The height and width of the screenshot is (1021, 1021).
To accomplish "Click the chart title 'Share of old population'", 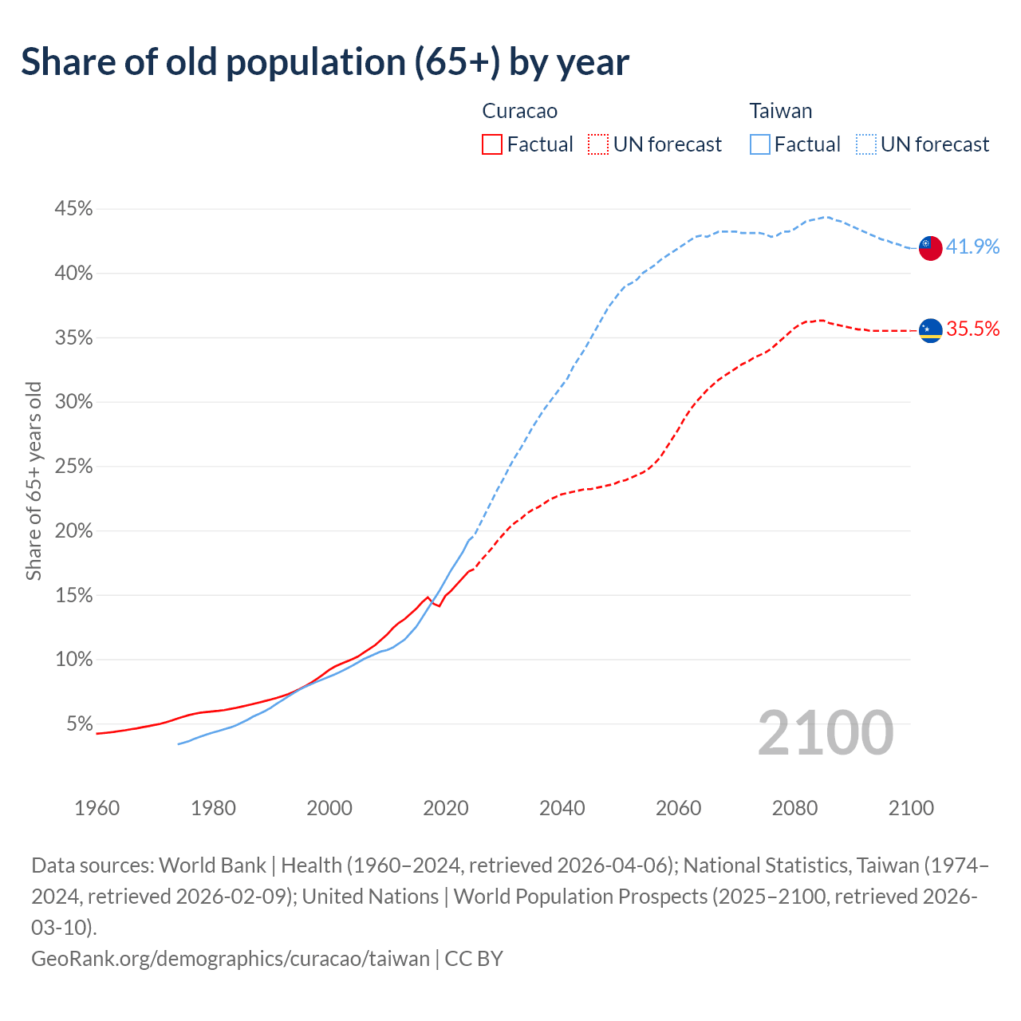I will (325, 62).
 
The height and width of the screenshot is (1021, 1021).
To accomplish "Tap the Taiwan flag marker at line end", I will (930, 248).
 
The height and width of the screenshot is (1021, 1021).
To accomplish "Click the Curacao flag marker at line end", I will (930, 330).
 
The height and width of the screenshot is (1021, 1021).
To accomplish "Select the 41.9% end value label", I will (972, 246).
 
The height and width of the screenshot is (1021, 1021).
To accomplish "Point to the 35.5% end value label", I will (972, 329).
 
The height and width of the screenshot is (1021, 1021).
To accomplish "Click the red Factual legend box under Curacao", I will (492, 144).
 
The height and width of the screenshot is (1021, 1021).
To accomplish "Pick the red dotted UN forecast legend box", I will (598, 144).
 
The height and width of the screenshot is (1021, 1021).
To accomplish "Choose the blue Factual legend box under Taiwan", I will (760, 144).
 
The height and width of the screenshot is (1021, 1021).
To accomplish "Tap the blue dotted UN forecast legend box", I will (866, 144).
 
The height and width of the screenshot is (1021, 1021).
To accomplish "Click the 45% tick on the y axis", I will (73, 209).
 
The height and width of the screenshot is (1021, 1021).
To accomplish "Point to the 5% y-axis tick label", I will (79, 724).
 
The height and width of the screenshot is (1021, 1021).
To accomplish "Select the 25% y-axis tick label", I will (73, 467).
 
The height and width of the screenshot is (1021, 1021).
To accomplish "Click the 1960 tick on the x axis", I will (97, 808).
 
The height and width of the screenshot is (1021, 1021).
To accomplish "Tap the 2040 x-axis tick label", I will (562, 808).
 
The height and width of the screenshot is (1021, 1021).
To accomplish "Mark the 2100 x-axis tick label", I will (911, 808).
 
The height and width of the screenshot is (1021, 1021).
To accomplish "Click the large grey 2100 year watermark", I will (825, 733).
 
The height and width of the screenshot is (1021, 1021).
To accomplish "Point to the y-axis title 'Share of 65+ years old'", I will (34, 481).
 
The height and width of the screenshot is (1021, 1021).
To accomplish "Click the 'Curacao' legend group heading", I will (520, 111).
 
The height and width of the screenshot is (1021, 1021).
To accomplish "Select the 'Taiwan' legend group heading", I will (781, 111).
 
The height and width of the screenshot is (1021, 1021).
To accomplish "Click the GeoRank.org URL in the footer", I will (231, 958).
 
